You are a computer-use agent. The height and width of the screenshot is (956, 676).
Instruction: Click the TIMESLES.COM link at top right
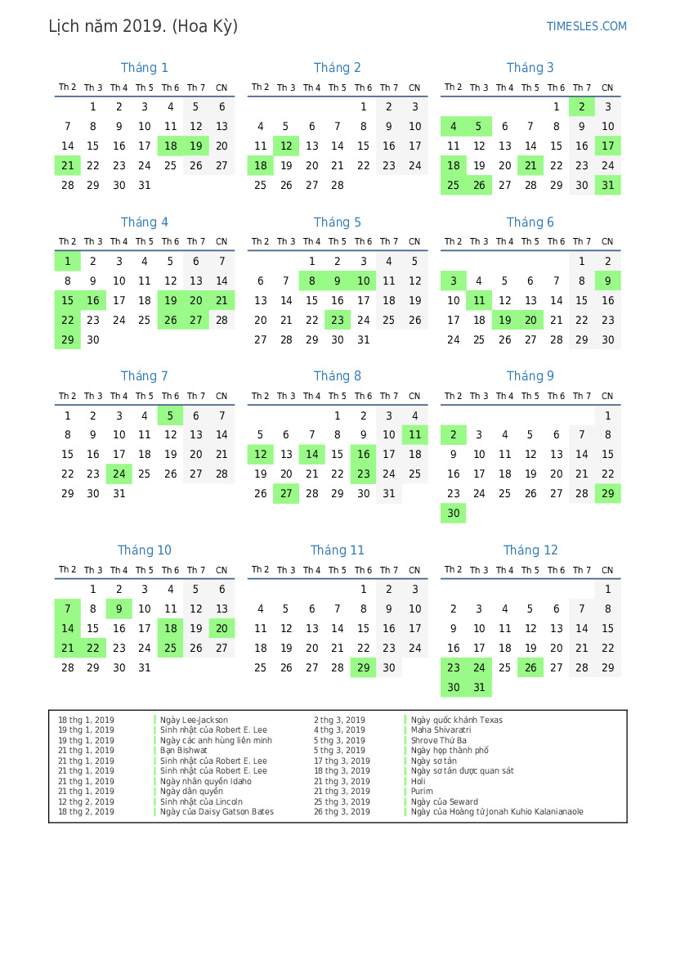(586, 26)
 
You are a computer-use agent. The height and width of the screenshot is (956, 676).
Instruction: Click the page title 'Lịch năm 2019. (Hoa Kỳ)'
(143, 26)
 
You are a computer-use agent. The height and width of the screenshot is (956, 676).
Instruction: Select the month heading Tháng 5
(337, 222)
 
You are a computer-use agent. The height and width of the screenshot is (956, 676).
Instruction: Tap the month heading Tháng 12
(531, 550)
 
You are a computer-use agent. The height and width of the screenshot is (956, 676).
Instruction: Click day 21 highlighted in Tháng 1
(68, 165)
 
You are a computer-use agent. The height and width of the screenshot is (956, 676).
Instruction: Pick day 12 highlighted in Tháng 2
(286, 146)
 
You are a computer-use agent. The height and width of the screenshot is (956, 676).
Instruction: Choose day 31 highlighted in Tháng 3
(607, 185)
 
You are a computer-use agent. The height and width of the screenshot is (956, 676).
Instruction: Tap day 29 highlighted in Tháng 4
(68, 339)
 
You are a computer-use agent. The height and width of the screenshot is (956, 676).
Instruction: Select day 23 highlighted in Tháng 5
(338, 320)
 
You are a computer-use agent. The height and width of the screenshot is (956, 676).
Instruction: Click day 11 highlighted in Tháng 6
(479, 300)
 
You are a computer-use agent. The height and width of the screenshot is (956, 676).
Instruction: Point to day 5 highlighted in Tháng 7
(170, 415)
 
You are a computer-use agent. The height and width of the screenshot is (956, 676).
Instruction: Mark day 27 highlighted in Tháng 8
(286, 493)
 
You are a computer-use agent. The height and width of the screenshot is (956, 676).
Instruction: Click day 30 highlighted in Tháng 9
(454, 513)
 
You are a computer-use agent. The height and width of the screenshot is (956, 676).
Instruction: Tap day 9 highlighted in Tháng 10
(119, 608)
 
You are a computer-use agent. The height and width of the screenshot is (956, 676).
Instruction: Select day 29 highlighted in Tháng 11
(363, 668)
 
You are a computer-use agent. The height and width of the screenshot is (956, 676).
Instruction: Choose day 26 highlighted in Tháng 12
(531, 668)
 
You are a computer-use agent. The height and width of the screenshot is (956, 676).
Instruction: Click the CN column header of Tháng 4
(222, 242)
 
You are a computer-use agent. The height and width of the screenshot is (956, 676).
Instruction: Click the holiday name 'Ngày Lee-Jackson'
(194, 720)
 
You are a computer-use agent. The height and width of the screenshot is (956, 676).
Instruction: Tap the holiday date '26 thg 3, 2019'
(342, 812)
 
